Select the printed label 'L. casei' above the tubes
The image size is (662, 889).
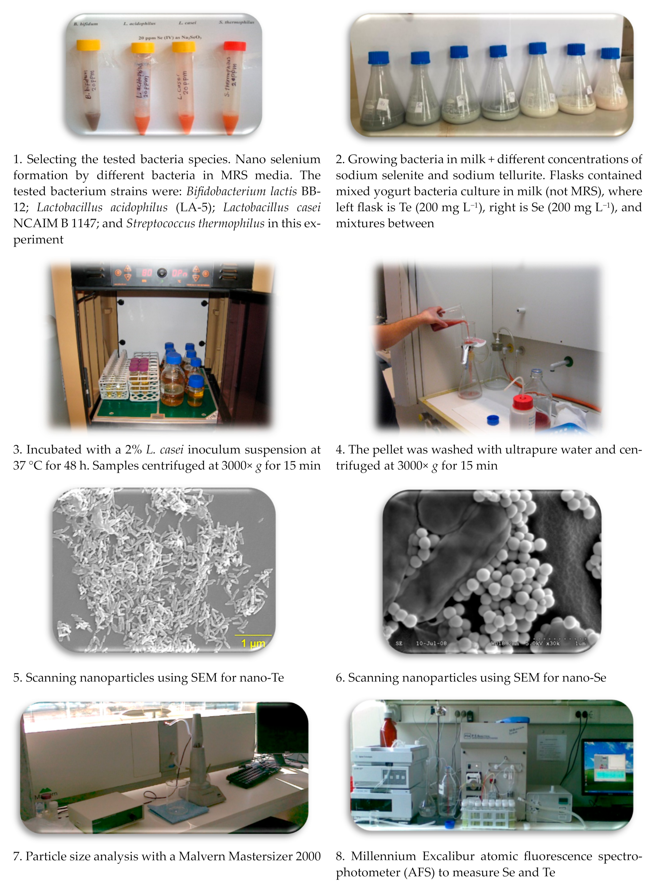click(x=187, y=23)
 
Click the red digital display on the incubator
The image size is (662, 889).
click(x=147, y=273)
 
